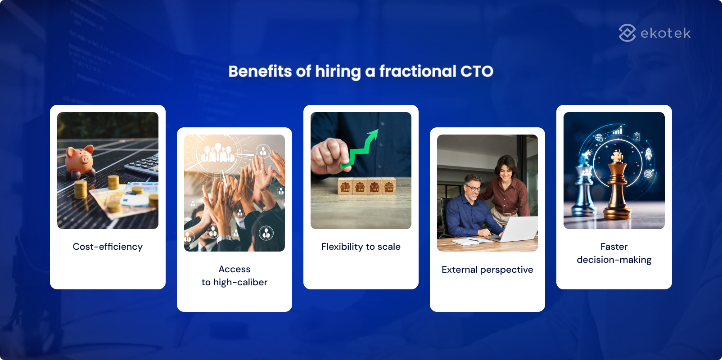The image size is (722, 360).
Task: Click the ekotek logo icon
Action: (x=627, y=33)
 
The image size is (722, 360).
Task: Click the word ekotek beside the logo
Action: (x=665, y=33)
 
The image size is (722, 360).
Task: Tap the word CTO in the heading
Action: (x=477, y=71)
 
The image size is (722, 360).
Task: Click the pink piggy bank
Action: (x=80, y=159)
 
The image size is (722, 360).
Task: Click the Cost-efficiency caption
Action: (x=108, y=247)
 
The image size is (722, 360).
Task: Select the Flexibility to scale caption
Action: (x=361, y=247)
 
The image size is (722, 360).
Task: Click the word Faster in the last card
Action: (x=614, y=247)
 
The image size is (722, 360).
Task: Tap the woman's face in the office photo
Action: (x=505, y=170)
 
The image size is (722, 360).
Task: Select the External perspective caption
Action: (x=487, y=270)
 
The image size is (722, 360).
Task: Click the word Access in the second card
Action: (x=234, y=269)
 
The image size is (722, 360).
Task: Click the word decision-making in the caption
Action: (x=614, y=260)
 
